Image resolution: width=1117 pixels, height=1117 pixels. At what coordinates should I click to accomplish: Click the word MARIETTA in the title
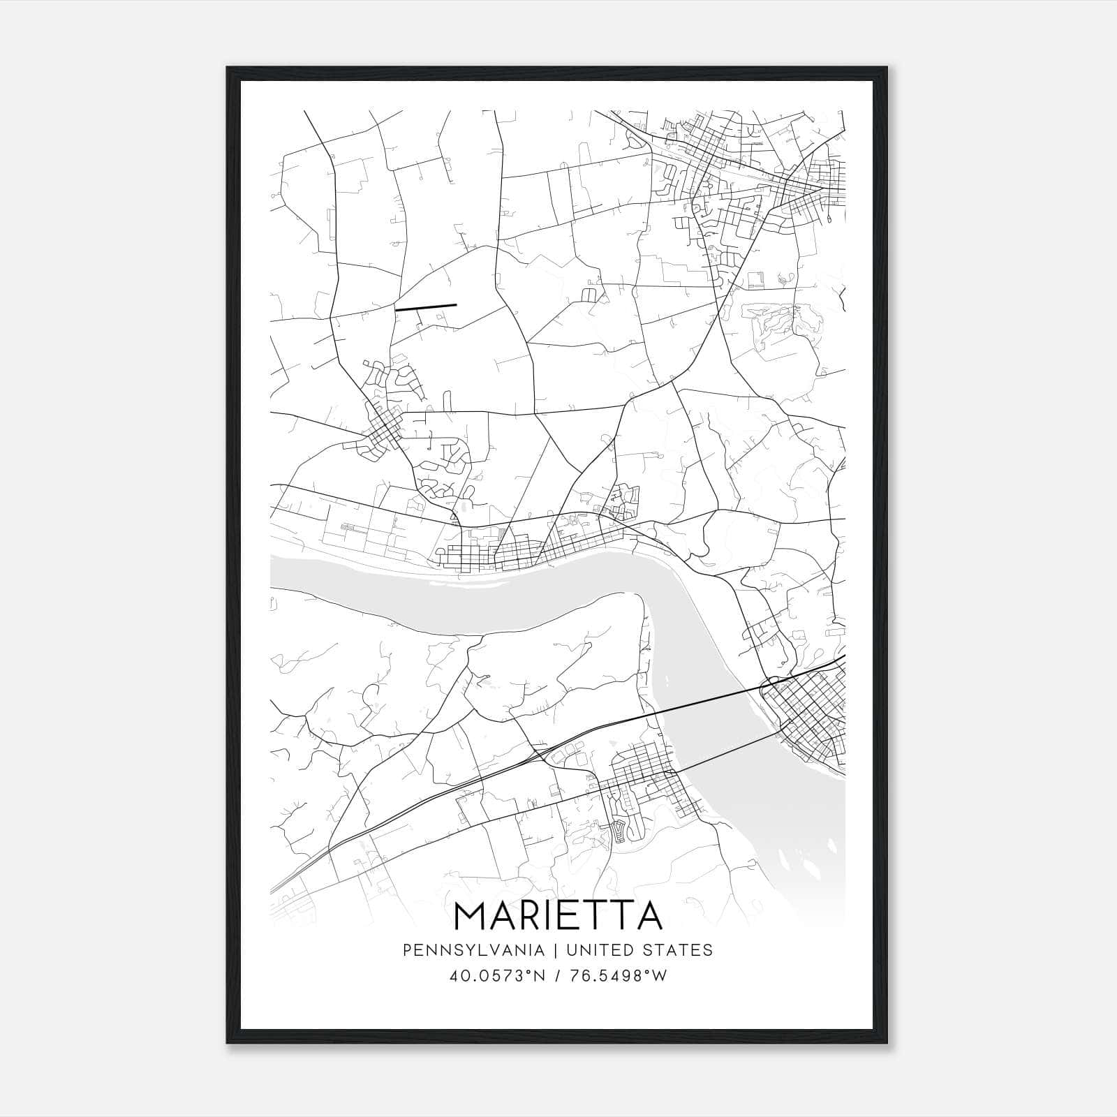tap(558, 915)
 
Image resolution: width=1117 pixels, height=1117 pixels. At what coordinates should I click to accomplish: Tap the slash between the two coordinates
tap(558, 976)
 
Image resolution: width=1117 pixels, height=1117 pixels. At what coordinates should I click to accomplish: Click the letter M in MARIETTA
tap(472, 915)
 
